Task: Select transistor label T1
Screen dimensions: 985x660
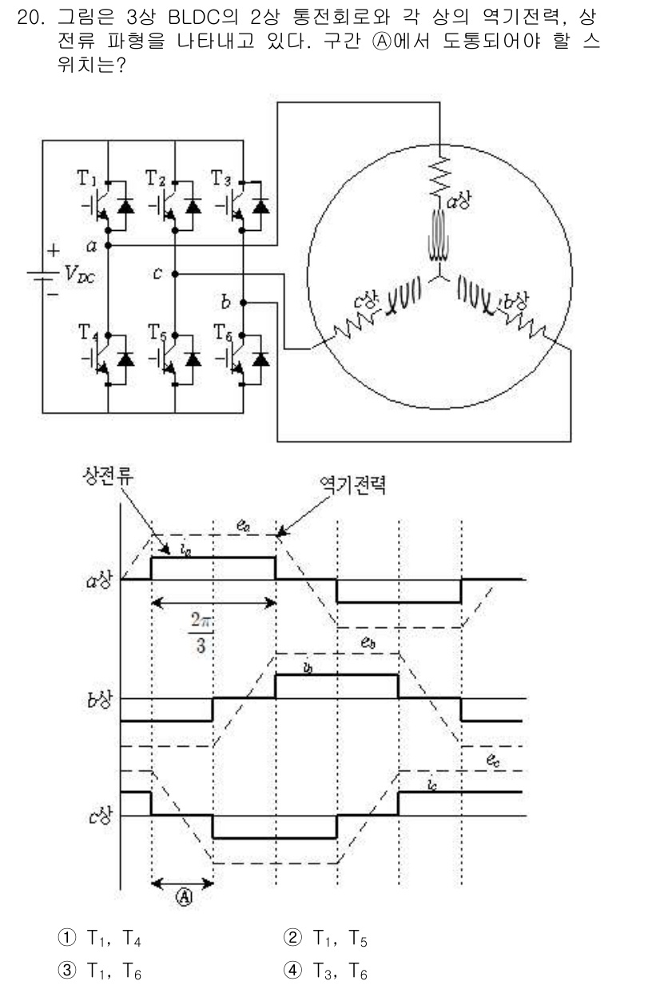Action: coord(89,177)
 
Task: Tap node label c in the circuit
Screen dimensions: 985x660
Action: coord(159,273)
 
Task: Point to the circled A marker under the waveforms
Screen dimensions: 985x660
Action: coord(182,896)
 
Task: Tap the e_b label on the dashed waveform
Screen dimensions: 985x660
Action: coord(369,637)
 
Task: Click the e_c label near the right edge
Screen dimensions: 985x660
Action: coord(494,761)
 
